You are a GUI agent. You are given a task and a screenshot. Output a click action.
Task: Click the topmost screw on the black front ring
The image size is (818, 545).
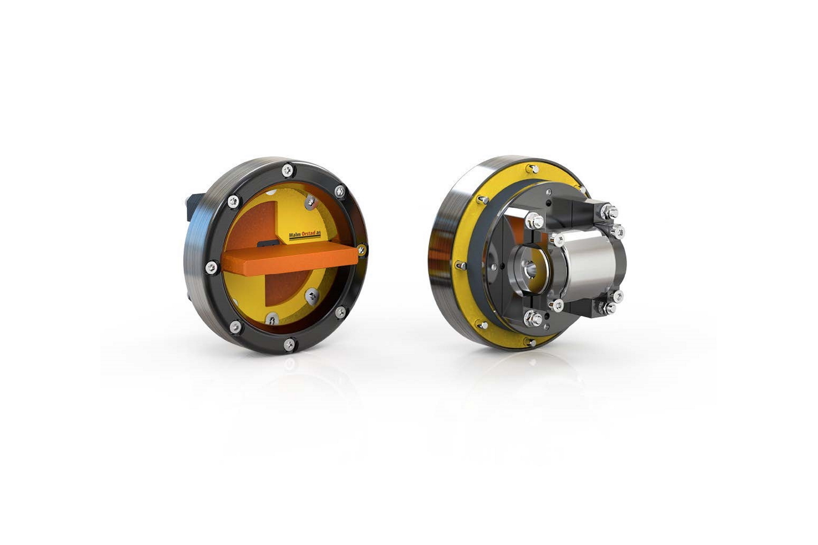pos(287,170)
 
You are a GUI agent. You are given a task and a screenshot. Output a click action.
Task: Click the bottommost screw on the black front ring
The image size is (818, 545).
pos(289,344)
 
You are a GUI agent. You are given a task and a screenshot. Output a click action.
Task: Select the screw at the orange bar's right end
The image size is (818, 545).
pos(361,249)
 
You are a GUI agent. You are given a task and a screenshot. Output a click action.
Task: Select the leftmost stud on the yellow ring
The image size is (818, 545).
pos(459,264)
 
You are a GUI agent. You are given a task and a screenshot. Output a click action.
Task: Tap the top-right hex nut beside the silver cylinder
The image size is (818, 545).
pos(609,212)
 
